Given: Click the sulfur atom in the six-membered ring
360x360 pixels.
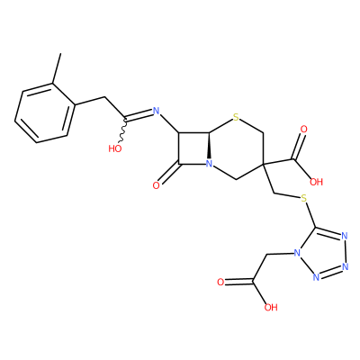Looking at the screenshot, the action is coord(237,118).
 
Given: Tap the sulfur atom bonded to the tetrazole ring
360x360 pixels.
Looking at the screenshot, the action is coord(304,198).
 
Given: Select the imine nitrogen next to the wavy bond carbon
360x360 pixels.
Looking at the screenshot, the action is coord(156,112).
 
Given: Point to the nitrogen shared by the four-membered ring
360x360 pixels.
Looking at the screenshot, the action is coord(209,164).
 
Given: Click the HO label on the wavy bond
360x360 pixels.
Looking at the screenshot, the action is coord(115,148).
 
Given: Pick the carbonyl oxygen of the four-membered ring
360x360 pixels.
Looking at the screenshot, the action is coord(156,185).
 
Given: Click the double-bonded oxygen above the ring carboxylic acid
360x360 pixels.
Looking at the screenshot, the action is coord(303,130).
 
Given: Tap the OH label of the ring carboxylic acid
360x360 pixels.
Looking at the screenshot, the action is coord(316,182).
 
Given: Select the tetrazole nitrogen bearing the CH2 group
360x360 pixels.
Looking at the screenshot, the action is coord(297,254).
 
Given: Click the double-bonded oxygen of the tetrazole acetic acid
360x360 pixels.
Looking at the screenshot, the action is coord(220,282).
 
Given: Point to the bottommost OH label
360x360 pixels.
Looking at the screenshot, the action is coord(271,307).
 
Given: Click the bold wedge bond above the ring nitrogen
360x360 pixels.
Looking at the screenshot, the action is coord(209,146).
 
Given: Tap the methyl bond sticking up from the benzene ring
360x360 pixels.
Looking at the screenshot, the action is coord(57,68).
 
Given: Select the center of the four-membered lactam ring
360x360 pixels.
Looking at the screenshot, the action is coord(193,148).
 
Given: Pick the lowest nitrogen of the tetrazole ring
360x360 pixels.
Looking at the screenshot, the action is coord(316,277).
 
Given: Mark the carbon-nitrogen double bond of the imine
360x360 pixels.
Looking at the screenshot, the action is coord(139,115).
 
